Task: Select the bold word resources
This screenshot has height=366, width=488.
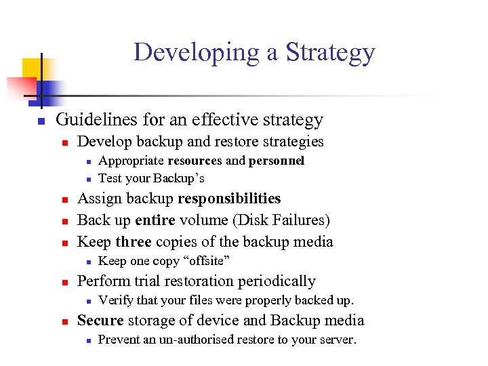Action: [195, 161]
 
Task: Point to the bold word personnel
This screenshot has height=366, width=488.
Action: [277, 161]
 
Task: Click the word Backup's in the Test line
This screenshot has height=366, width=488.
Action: [178, 178]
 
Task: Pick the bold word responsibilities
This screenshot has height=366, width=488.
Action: [229, 199]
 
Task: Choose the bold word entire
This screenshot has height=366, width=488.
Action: [155, 220]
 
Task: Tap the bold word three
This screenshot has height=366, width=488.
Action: [133, 242]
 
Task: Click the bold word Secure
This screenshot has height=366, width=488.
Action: [100, 321]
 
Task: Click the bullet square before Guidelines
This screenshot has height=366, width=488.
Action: [41, 121]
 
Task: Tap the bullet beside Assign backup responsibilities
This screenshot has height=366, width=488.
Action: [64, 200]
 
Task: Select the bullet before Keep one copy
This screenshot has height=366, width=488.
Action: [88, 262]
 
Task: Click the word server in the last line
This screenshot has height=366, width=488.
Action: [336, 340]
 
